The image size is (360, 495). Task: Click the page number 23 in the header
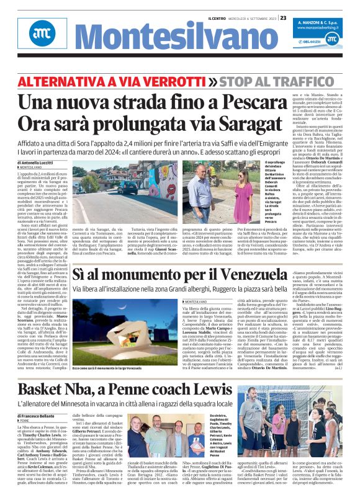(282, 17)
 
